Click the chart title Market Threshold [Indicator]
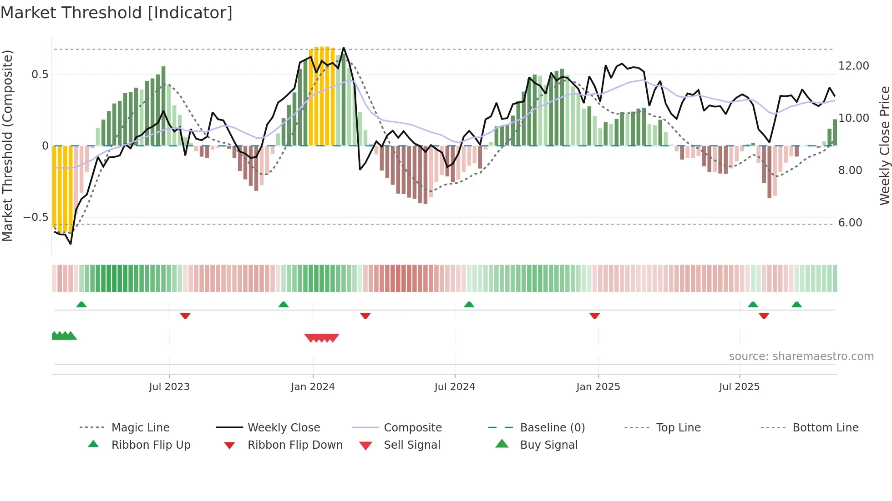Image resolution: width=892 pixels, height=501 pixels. click(x=117, y=13)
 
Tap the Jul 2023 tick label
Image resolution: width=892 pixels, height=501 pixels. click(x=169, y=387)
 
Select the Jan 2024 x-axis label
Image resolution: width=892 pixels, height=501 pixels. click(x=313, y=387)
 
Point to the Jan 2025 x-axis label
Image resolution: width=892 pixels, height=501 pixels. click(x=598, y=387)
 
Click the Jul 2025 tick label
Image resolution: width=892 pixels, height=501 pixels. click(x=739, y=387)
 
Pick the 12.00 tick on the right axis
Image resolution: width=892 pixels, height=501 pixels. click(x=853, y=66)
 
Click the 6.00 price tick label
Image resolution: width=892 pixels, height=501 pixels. click(x=850, y=223)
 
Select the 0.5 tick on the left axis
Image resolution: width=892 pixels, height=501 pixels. click(x=40, y=75)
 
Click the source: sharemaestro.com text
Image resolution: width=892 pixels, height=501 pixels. click(x=801, y=356)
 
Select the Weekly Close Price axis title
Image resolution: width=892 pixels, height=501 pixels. click(x=884, y=145)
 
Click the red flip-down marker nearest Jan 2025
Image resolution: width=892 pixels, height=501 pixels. click(x=594, y=316)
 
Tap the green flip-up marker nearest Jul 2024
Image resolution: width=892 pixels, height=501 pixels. click(x=469, y=305)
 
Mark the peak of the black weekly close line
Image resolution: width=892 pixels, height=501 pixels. click(x=344, y=48)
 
